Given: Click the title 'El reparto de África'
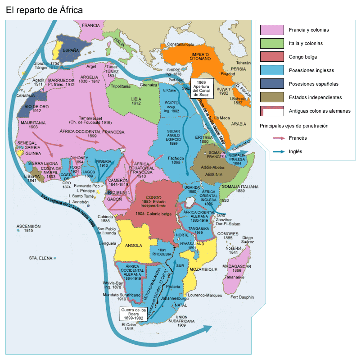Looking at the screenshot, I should (x=44, y=10).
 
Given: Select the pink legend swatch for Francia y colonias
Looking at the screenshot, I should (x=272, y=30).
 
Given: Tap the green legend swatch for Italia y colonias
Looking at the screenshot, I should (x=272, y=43).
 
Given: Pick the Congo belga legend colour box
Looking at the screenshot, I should (x=272, y=57).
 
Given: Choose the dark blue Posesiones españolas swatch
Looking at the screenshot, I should (x=272, y=83).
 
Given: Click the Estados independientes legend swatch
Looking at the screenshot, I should (x=272, y=97).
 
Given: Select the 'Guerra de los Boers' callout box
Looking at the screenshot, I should (x=134, y=314).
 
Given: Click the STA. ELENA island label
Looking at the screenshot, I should (x=40, y=258).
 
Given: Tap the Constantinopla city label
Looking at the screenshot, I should (x=180, y=44).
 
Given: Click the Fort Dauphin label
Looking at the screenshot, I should (x=242, y=297).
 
